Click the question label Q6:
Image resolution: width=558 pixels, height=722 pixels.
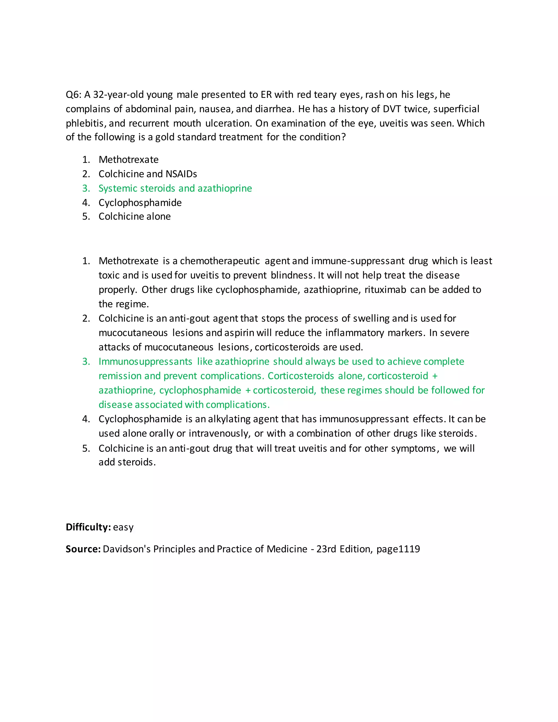(x=73, y=95)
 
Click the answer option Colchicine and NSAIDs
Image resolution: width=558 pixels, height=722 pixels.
(x=147, y=174)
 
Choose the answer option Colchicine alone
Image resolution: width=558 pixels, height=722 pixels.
(x=135, y=216)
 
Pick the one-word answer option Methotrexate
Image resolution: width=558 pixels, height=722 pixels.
(x=128, y=160)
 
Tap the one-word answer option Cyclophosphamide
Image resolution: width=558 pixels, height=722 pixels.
(x=140, y=202)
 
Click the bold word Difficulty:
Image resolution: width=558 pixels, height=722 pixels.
(x=88, y=527)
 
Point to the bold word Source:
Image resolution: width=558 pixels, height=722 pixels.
(x=83, y=549)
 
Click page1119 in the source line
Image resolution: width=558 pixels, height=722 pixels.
(x=398, y=549)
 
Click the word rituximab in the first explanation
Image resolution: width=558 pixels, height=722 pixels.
(x=385, y=290)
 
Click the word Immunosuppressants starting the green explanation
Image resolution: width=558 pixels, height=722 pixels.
(x=145, y=361)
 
